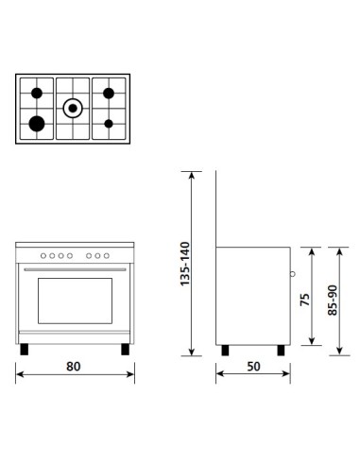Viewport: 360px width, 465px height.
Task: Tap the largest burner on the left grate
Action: (x=37, y=123)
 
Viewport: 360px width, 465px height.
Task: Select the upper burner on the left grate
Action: (x=37, y=93)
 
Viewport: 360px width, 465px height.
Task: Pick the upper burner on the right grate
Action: (x=110, y=93)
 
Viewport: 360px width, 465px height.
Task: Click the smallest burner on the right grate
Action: (x=110, y=123)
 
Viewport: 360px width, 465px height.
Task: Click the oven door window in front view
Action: (x=73, y=304)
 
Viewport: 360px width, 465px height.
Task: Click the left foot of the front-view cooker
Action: (x=23, y=348)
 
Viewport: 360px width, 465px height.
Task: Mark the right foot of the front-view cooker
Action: (x=123, y=348)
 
